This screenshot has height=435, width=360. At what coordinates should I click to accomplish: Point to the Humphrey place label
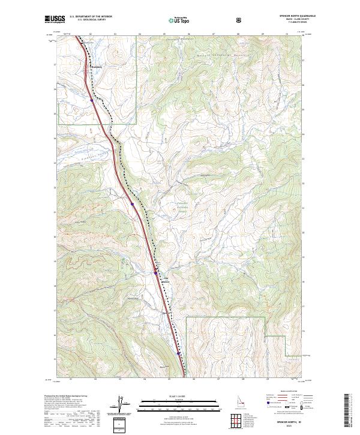pyautogui.click(x=97, y=67)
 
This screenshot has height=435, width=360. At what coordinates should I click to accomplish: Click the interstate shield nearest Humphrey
pyautogui.click(x=92, y=100)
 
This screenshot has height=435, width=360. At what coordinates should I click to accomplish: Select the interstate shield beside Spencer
pyautogui.click(x=155, y=273)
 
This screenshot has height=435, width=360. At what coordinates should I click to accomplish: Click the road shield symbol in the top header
pyautogui.click(x=241, y=20)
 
